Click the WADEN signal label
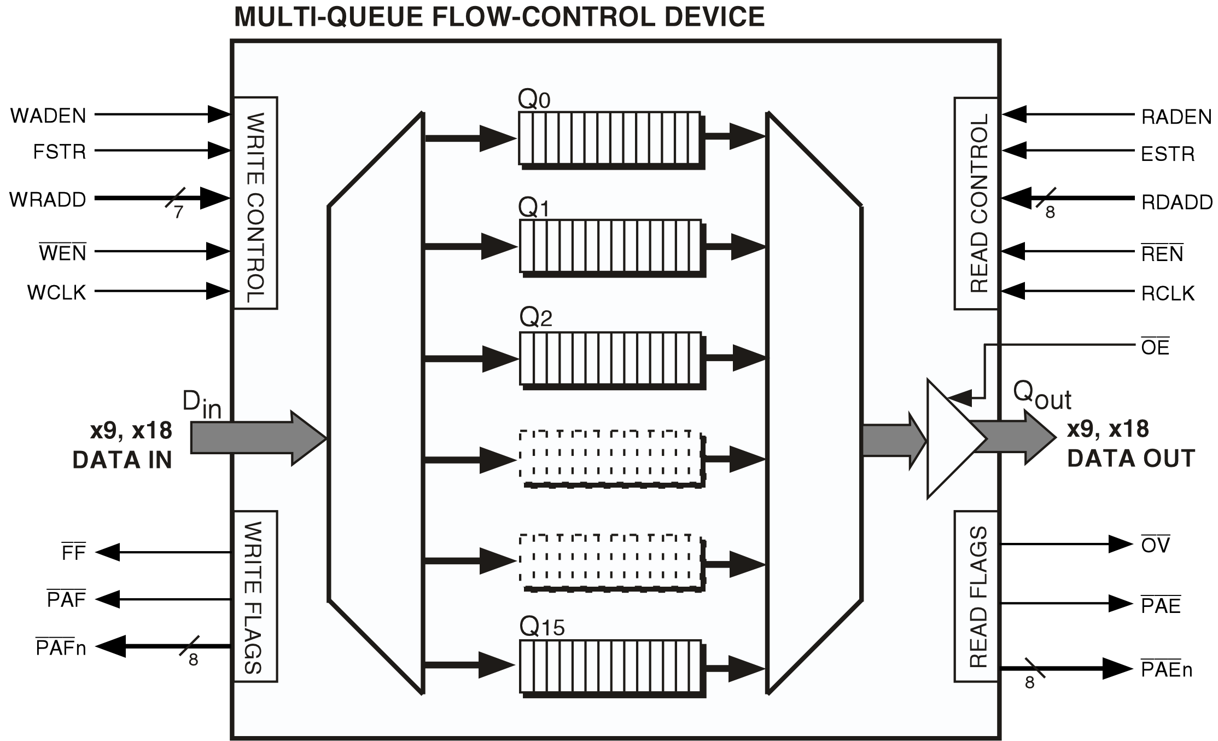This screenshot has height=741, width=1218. tap(48, 116)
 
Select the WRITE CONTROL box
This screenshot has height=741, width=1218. tap(255, 203)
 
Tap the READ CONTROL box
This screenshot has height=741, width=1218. tap(976, 203)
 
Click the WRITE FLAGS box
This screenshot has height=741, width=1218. tap(255, 596)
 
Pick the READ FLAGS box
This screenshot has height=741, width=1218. tap(976, 596)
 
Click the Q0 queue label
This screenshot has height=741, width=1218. tap(534, 100)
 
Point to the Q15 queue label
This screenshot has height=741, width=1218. tap(541, 627)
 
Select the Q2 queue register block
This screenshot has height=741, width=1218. tap(610, 358)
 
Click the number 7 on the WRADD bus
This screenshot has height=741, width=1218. tap(178, 212)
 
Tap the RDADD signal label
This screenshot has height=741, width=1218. tap(1176, 202)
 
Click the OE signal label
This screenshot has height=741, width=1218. tap(1155, 348)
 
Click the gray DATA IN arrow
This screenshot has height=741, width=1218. tap(257, 438)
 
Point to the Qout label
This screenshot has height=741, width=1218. tap(1041, 396)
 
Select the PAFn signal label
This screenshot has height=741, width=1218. tap(61, 648)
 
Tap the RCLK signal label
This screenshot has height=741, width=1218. tap(1168, 294)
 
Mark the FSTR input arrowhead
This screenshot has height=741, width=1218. tap(218, 150)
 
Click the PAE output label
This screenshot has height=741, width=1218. tap(1161, 606)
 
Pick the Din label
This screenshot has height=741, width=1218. tap(201, 404)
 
